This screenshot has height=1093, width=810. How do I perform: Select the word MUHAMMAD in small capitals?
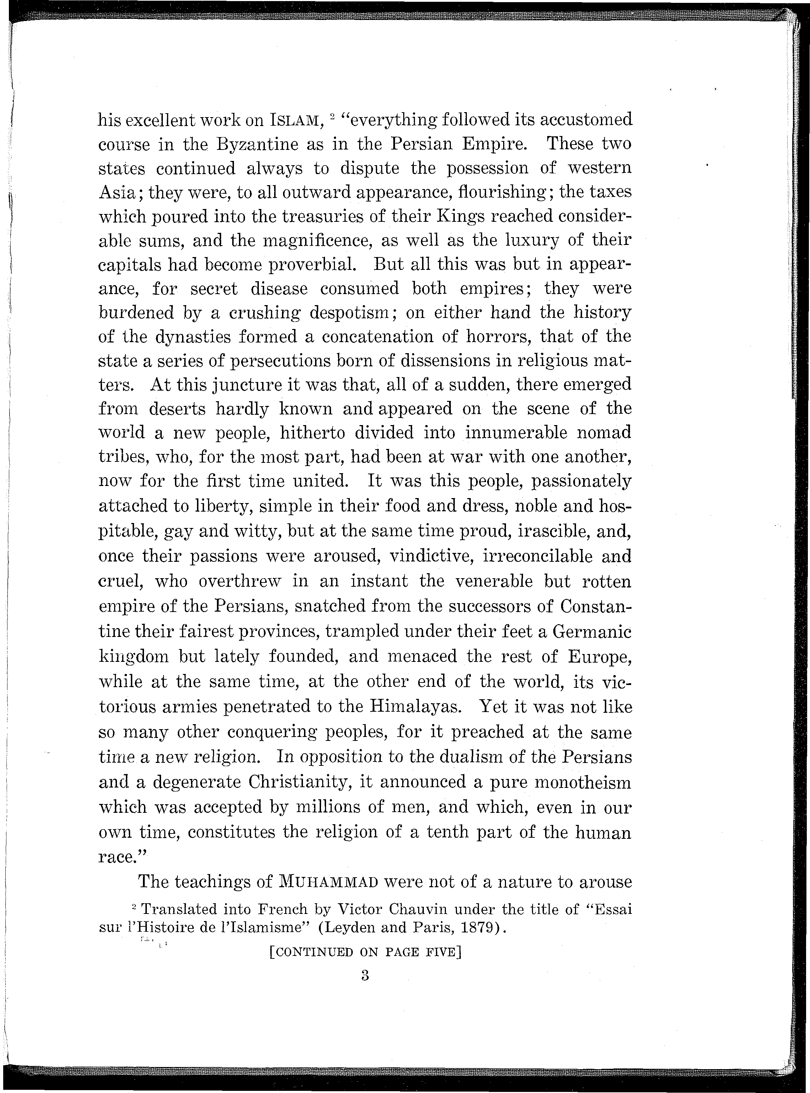pos(328,882)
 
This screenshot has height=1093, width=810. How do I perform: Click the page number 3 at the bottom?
pos(365,975)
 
